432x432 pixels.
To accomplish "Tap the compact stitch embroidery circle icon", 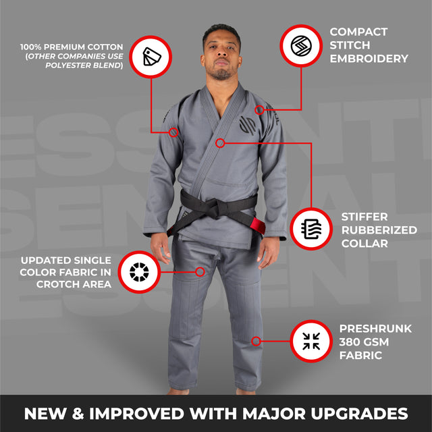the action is point(301,46).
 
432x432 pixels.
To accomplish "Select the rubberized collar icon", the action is point(311,229).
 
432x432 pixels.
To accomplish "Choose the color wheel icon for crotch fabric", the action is point(139,272).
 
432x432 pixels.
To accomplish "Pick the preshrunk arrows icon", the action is point(311,341).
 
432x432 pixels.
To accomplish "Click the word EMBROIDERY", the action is point(369,59).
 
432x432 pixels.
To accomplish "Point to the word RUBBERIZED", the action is point(379,230).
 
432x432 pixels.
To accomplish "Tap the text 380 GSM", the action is point(364,342).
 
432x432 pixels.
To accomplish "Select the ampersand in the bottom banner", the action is point(78,414).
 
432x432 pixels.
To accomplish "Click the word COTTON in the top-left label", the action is point(107,47).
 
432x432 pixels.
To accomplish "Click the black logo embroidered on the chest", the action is point(247,126).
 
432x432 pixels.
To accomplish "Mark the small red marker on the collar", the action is point(220,143).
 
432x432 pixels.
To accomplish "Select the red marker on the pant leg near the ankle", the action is point(256,341).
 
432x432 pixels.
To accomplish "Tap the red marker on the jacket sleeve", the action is point(173,132).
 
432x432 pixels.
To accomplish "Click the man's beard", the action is point(221,73).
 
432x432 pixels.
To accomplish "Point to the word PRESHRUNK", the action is point(375,329).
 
